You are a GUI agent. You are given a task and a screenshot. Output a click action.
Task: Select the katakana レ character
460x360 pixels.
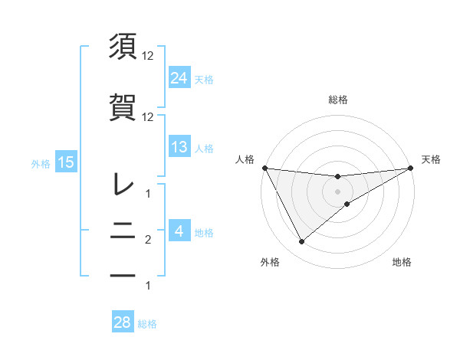123,184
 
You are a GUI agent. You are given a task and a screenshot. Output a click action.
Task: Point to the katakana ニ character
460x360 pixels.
123,233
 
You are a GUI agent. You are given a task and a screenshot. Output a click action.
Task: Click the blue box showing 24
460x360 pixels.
179,77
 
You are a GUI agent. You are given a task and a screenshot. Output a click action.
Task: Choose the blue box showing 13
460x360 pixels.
179,147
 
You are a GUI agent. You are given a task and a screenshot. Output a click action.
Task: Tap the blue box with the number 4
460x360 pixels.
179,231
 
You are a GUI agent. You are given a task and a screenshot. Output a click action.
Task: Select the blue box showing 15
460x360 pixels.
65,162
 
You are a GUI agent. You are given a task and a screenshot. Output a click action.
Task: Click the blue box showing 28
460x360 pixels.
123,322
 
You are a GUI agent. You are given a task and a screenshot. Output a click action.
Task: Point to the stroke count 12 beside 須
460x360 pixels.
149,55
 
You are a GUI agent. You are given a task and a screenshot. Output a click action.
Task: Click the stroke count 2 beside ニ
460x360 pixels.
149,241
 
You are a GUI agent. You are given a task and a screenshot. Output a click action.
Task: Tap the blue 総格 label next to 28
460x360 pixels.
148,324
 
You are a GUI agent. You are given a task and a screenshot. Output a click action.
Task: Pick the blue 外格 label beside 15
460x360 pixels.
41,163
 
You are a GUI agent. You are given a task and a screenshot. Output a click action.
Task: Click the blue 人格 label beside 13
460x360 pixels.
204,148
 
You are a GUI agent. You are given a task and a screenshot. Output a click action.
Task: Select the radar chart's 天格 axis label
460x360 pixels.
432,159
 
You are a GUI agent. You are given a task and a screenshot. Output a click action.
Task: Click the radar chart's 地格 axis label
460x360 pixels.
402,262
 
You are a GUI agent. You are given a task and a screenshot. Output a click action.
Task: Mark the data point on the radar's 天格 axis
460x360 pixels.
410,168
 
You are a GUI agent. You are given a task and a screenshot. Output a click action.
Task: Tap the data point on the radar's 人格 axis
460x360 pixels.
264,168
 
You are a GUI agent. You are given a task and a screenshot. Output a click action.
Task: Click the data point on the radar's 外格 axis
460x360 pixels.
301,242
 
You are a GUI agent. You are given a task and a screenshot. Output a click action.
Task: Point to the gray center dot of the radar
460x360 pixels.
337,191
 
